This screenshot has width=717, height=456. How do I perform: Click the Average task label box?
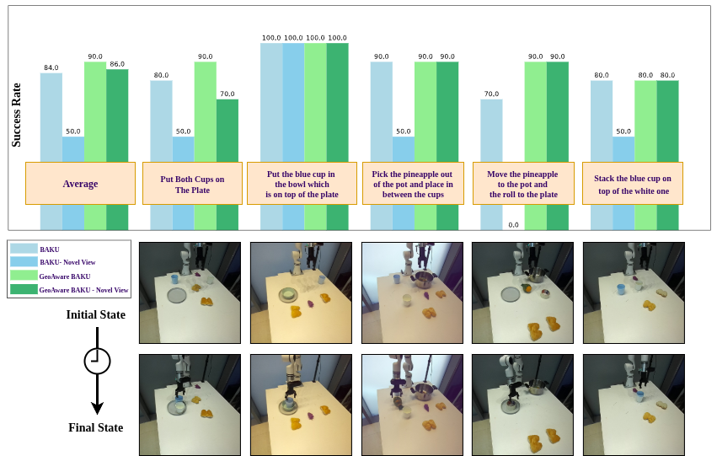click(x=80, y=184)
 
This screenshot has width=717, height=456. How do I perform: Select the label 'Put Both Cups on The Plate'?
click(x=192, y=184)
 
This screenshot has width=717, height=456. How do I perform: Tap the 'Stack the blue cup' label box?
click(x=632, y=184)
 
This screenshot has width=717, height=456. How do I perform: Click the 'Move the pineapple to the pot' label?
click(x=523, y=184)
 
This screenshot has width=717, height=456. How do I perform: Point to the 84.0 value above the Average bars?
click(x=51, y=68)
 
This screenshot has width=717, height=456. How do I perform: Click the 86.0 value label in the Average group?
click(x=117, y=64)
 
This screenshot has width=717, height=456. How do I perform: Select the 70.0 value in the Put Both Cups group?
click(x=227, y=94)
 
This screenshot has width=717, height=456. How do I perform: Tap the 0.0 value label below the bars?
click(x=514, y=225)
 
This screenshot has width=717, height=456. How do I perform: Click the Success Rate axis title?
click(x=16, y=115)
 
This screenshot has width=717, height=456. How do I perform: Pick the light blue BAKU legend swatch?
click(x=24, y=249)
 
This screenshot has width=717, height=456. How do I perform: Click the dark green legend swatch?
click(x=24, y=289)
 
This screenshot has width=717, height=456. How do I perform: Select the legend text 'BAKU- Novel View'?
click(x=67, y=262)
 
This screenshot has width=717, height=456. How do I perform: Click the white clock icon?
click(x=98, y=361)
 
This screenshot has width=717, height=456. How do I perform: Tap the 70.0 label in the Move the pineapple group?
click(x=491, y=94)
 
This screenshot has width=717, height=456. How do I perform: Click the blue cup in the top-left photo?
click(x=174, y=278)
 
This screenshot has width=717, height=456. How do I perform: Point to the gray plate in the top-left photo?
click(x=176, y=295)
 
